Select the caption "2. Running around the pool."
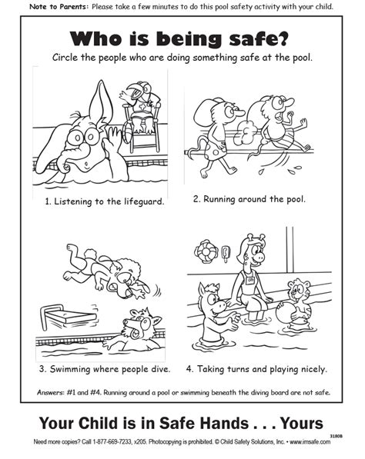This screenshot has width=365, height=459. point(249,198)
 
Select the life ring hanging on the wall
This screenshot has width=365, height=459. point(206,250)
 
